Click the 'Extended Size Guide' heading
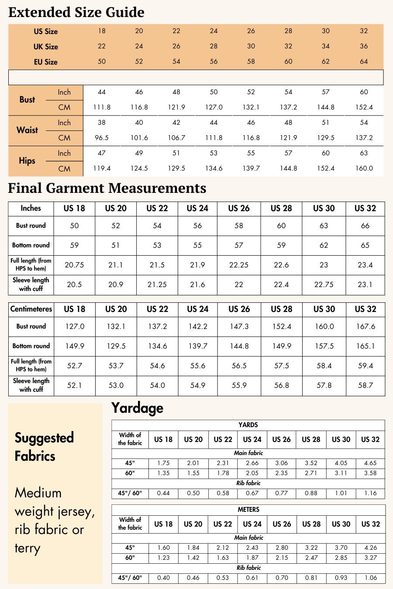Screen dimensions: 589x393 pyautogui.click(x=76, y=12)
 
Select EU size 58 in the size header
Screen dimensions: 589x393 pyautogui.click(x=251, y=62)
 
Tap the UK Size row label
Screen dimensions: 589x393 pyautogui.click(x=46, y=47)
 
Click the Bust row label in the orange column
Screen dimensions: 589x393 pyautogui.click(x=27, y=99)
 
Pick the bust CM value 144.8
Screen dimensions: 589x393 pyautogui.click(x=326, y=107)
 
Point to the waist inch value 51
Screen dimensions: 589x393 pyautogui.click(x=326, y=123)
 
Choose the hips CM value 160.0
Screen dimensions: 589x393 pyautogui.click(x=364, y=168)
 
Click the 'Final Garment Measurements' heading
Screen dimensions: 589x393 pyautogui.click(x=107, y=188)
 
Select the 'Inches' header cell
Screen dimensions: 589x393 pyautogui.click(x=31, y=208)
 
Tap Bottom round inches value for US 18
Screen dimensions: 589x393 pyautogui.click(x=75, y=245)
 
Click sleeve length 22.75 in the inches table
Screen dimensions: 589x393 pyautogui.click(x=324, y=284)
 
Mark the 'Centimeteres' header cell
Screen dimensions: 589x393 pyautogui.click(x=31, y=309)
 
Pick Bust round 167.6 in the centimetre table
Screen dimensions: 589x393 pyautogui.click(x=365, y=326)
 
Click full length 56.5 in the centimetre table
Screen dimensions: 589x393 pyautogui.click(x=239, y=366)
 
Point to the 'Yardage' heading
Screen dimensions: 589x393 pyautogui.click(x=137, y=408)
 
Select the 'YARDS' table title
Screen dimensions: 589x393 pyautogui.click(x=248, y=425)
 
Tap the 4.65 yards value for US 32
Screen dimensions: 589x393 pyautogui.click(x=370, y=463)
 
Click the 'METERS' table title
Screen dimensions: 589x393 pyautogui.click(x=248, y=510)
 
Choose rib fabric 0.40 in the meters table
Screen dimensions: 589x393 pyautogui.click(x=163, y=578)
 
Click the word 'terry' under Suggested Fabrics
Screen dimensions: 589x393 pyautogui.click(x=28, y=548)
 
